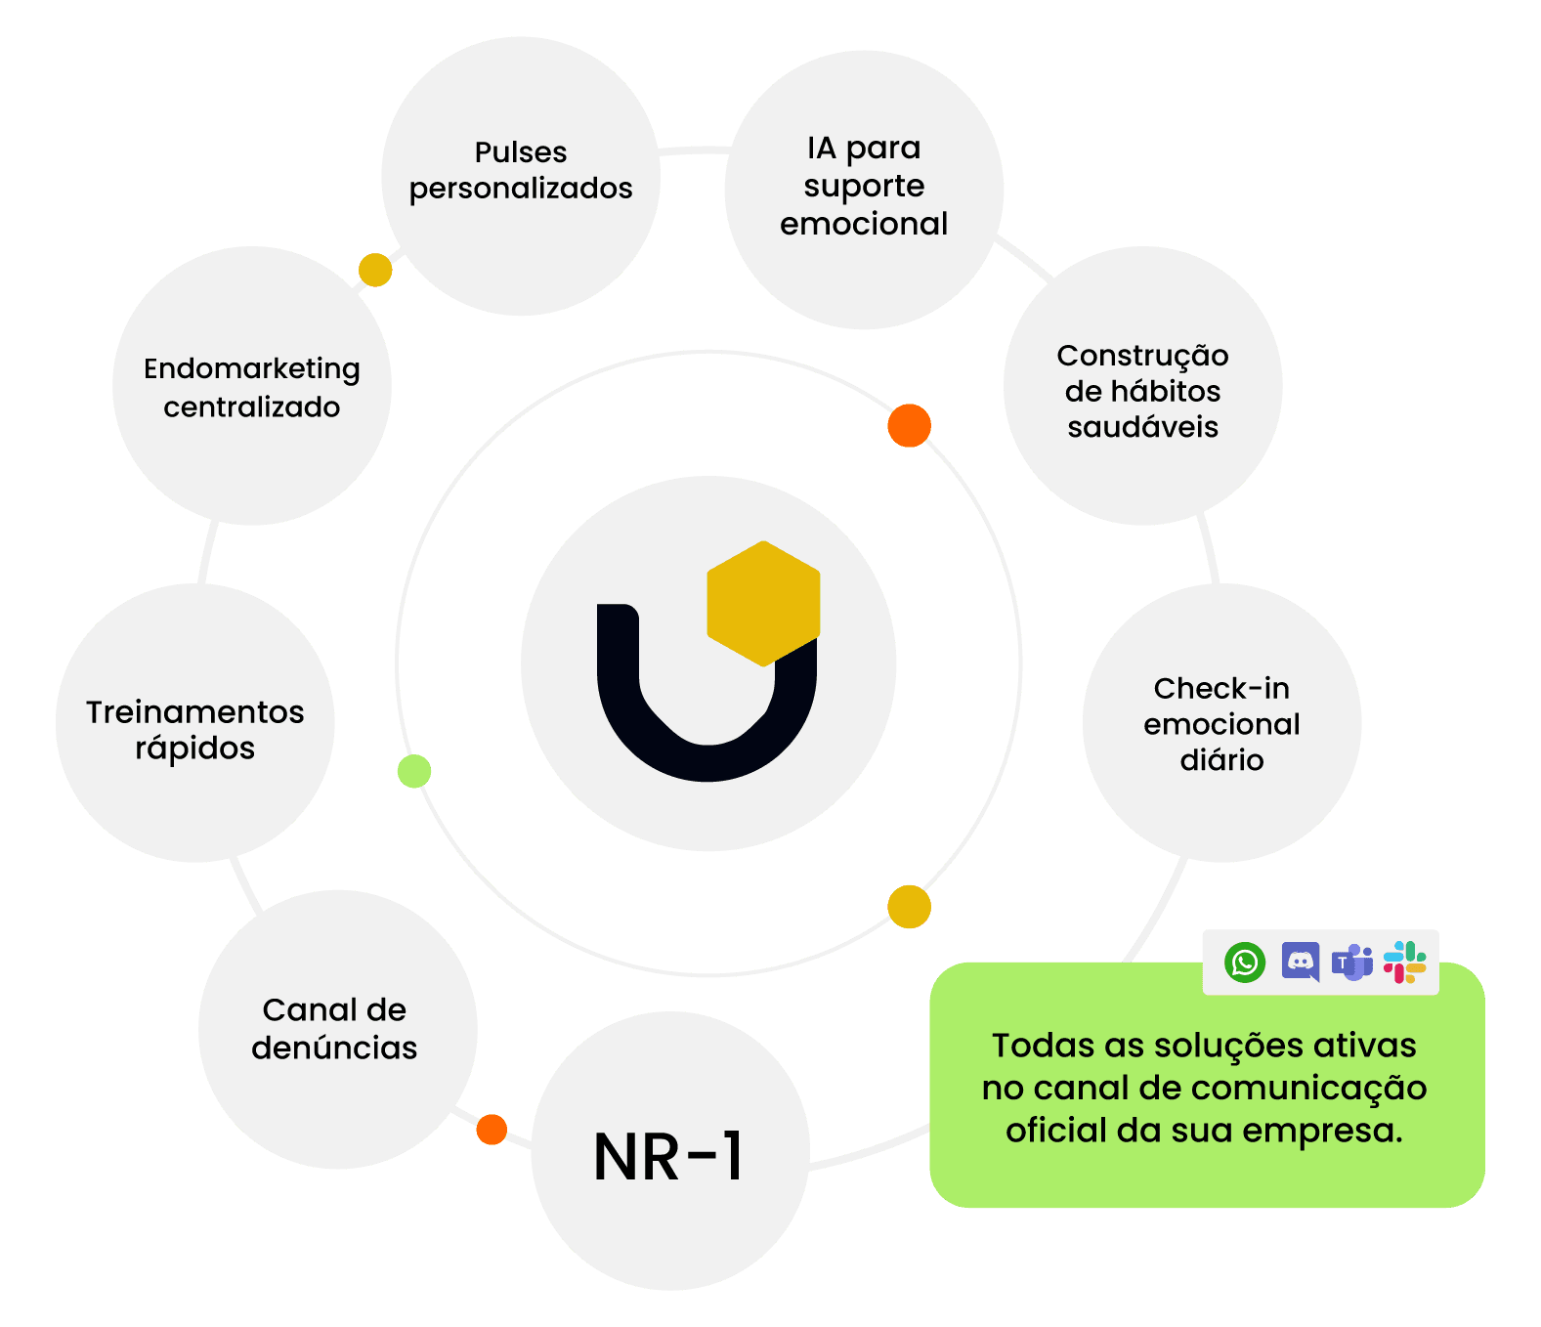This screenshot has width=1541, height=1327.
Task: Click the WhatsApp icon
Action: tap(1245, 963)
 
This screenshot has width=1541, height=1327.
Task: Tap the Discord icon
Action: tap(1300, 962)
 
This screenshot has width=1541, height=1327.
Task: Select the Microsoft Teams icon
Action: tap(1352, 963)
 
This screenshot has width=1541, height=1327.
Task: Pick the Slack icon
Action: tap(1404, 963)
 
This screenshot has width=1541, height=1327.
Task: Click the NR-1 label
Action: tap(669, 1157)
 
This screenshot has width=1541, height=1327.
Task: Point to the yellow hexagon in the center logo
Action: tap(763, 603)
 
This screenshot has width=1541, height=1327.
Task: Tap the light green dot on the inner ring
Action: tap(414, 771)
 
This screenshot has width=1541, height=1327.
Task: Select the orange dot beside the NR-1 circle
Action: tap(492, 1129)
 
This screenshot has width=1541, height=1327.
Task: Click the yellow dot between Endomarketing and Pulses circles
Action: tap(375, 270)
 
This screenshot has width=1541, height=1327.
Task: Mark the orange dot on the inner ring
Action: tap(909, 425)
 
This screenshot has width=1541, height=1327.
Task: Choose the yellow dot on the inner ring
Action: tap(909, 907)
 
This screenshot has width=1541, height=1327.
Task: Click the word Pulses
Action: tap(521, 152)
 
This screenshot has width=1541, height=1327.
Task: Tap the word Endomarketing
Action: tap(252, 369)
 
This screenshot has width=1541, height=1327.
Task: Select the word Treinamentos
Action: tap(195, 712)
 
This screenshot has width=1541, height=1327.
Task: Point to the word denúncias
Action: tap(334, 1048)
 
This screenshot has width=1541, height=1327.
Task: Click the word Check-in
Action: tap(1221, 689)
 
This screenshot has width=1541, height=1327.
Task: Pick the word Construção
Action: tap(1142, 356)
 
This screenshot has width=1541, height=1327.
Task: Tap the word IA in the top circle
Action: tap(821, 149)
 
